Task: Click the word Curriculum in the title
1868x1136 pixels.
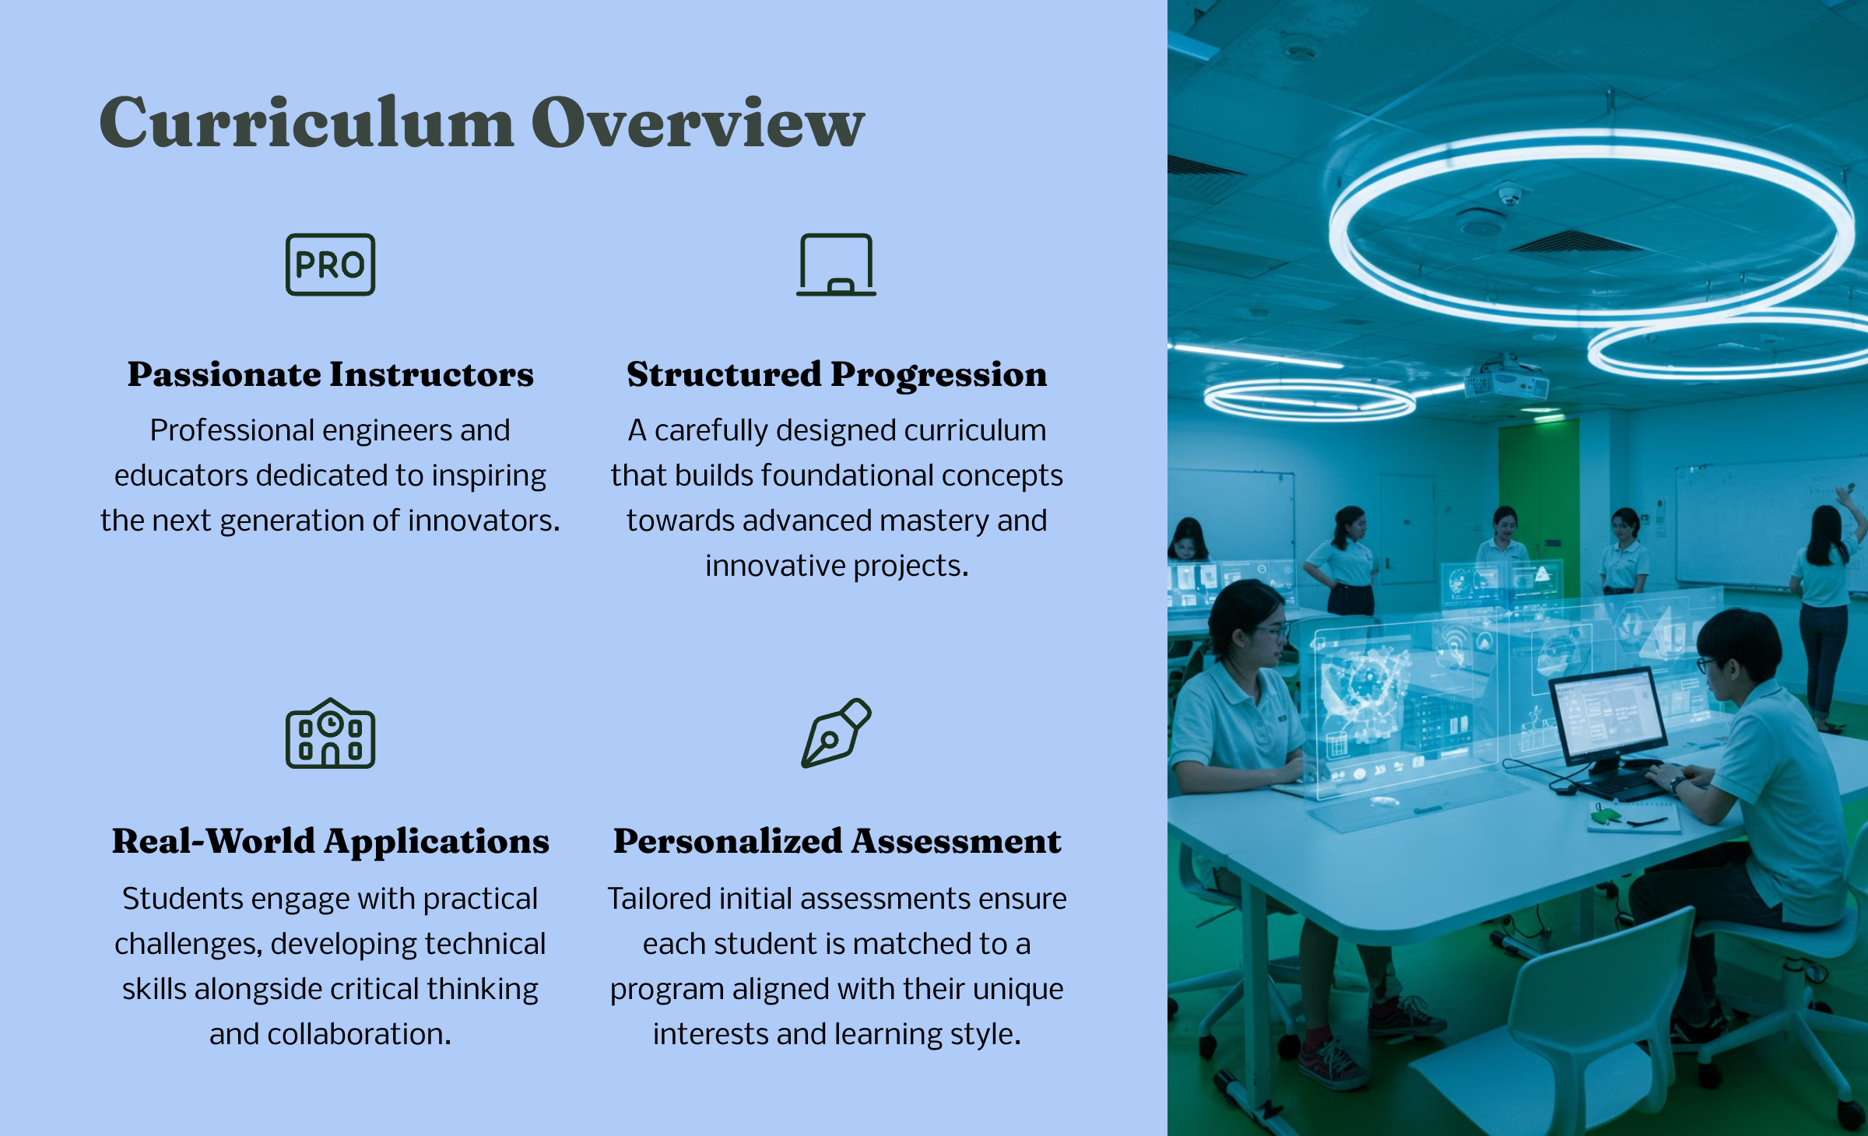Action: click(x=307, y=121)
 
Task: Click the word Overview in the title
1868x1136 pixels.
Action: click(x=698, y=121)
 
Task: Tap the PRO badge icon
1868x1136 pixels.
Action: click(x=330, y=265)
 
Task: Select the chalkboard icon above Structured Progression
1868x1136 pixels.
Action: click(x=836, y=265)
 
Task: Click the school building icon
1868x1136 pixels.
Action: click(x=330, y=733)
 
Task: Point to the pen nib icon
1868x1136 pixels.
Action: click(x=836, y=733)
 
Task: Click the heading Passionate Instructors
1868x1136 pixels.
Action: click(x=330, y=374)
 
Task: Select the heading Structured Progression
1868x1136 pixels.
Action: click(x=837, y=374)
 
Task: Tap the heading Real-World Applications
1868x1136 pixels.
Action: click(x=330, y=841)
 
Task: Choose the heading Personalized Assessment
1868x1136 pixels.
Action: click(x=837, y=841)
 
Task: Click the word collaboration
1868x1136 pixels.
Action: click(x=359, y=1034)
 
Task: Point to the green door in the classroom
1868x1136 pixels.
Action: click(x=1538, y=498)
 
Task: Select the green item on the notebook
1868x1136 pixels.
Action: click(x=1605, y=815)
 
